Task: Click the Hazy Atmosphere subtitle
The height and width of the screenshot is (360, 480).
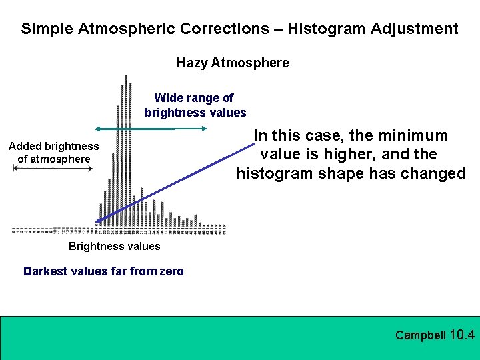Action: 233,63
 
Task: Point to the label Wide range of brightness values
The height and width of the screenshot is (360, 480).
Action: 195,105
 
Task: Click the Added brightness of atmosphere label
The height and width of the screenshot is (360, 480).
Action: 53,153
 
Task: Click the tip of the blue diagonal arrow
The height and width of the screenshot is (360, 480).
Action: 97,222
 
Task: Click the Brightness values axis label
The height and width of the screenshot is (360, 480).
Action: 114,247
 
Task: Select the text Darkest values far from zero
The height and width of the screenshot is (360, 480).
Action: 103,271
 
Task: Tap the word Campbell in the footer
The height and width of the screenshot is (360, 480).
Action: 420,335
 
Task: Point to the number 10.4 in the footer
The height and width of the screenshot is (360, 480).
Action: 463,335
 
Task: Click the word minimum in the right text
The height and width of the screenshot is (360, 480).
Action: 412,136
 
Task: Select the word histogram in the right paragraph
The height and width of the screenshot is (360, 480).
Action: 273,174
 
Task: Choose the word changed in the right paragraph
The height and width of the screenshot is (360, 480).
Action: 434,174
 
